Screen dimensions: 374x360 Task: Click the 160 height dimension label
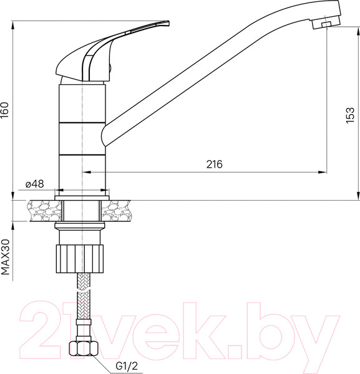6,111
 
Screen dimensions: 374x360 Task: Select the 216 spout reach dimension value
214,164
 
